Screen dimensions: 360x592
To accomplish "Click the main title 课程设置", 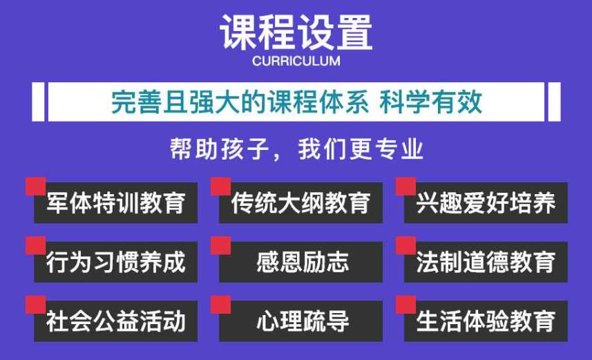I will pyautogui.click(x=296, y=31).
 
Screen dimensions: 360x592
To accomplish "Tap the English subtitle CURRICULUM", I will pyautogui.click(x=296, y=61).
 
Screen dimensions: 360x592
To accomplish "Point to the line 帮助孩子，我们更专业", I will pyautogui.click(x=296, y=149).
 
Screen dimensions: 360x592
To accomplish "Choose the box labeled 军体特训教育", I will pyautogui.click(x=115, y=203).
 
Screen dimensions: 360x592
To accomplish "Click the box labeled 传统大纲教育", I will pyautogui.click(x=300, y=203).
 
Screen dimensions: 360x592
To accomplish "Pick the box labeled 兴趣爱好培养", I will pyautogui.click(x=486, y=203).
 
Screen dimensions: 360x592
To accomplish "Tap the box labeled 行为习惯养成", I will pyautogui.click(x=115, y=263).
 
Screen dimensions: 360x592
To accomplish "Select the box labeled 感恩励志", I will pyautogui.click(x=300, y=263).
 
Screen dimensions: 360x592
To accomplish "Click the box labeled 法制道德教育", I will pyautogui.click(x=486, y=263).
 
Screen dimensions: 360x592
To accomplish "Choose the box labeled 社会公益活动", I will pyautogui.click(x=115, y=321).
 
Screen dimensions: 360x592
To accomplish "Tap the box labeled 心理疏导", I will pyautogui.click(x=300, y=321).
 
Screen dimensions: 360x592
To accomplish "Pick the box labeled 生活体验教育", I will pyautogui.click(x=486, y=321).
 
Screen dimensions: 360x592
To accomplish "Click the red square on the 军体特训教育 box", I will pyautogui.click(x=35, y=186).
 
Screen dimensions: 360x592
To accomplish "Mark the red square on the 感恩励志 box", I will pyautogui.click(x=220, y=245).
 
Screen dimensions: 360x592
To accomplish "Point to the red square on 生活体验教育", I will pyautogui.click(x=406, y=304).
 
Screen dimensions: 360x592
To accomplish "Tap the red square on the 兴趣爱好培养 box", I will pyautogui.click(x=406, y=186).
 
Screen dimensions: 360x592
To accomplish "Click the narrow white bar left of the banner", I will pyautogui.click(x=38, y=102).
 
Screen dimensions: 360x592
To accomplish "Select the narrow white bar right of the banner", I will pyautogui.click(x=554, y=102).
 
